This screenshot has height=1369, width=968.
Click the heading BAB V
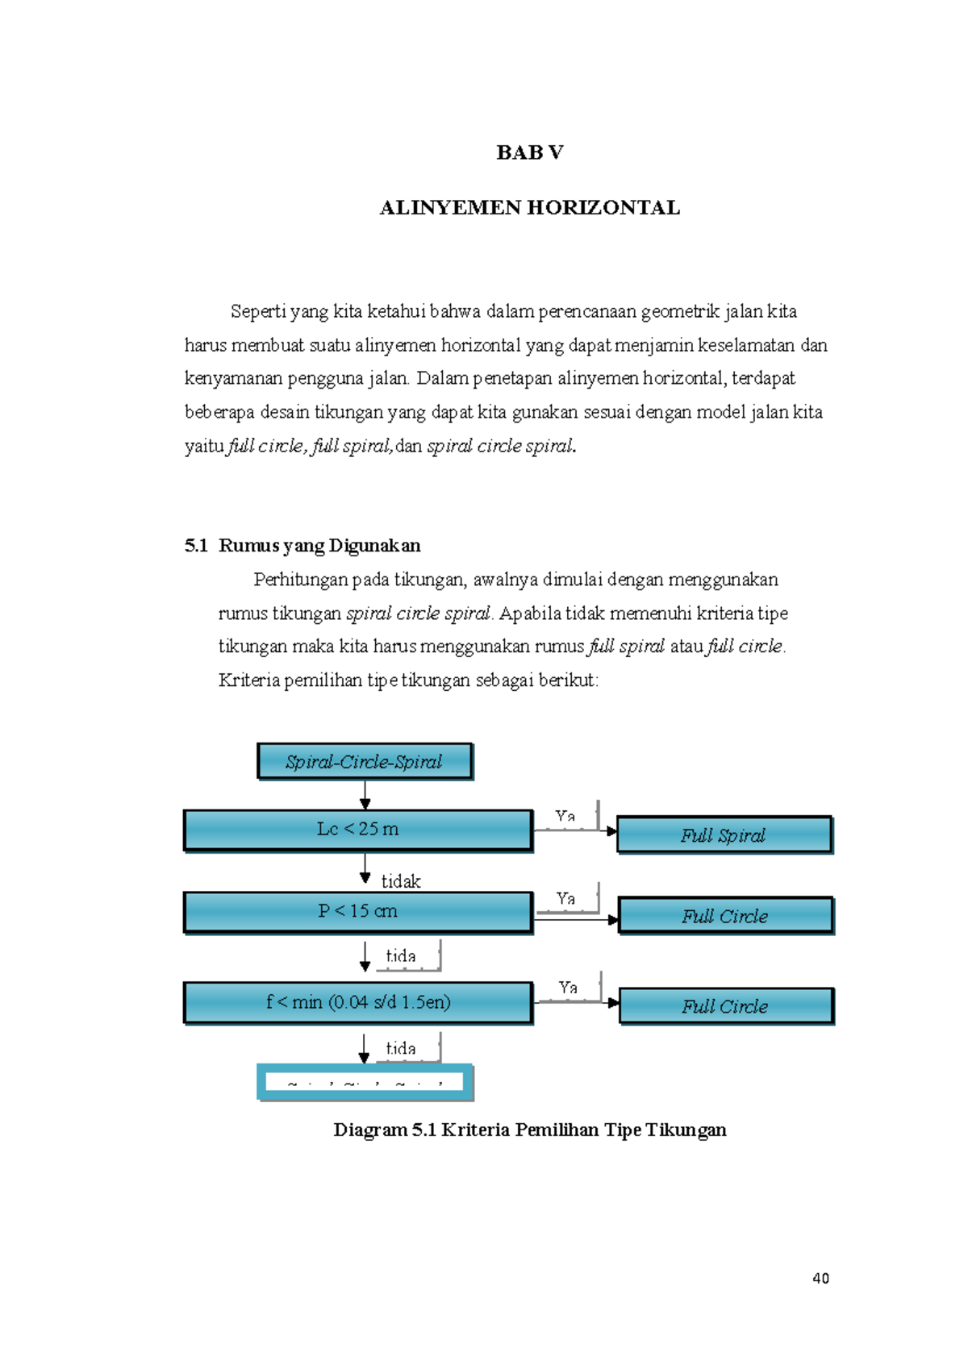pos(529,152)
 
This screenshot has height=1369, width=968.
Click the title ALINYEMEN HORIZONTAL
pos(529,208)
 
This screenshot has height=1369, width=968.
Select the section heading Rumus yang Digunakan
pos(319,546)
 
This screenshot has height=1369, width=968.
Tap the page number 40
pos(820,1278)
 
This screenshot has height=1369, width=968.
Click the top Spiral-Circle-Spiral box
pos(365,761)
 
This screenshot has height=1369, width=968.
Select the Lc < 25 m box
pos(358,830)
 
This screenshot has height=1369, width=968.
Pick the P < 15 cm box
pos(358,911)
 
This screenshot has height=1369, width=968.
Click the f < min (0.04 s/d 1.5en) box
pos(358,1002)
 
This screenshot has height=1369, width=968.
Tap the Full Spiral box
pos(724,835)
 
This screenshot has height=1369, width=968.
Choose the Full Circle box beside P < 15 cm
pos(725,916)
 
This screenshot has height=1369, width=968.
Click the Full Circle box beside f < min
pos(725,1006)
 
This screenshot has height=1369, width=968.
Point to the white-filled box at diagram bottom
pos(365,1082)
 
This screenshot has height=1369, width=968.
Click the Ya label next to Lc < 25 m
pos(565,816)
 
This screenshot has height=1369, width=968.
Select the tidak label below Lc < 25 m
pos(401,881)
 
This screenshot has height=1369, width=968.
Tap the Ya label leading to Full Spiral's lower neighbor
pos(565,898)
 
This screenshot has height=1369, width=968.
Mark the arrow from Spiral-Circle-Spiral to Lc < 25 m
pos(365,795)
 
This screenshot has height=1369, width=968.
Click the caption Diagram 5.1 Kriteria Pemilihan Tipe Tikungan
pos(529,1130)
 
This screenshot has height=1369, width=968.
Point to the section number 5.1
pos(196,546)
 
